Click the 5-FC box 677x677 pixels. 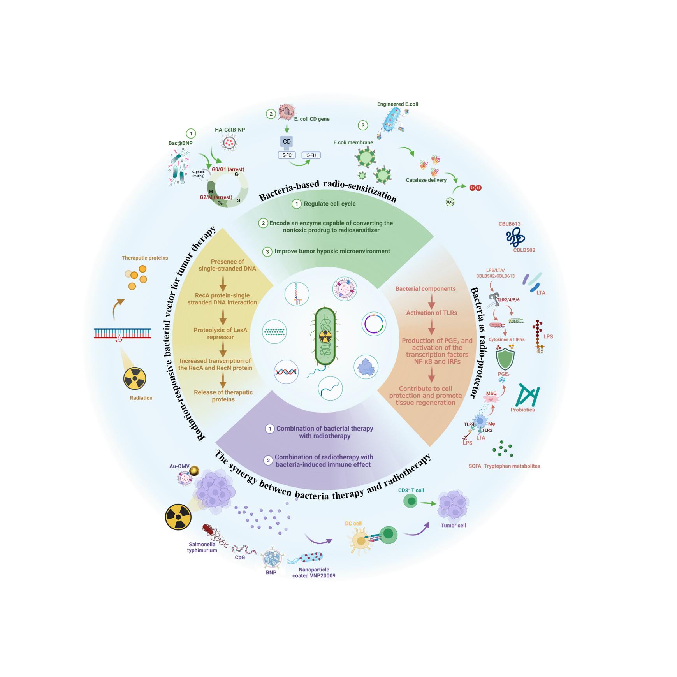[287, 155]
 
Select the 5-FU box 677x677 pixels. [311, 155]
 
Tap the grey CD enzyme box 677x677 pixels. [287, 142]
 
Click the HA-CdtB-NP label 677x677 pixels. [230, 130]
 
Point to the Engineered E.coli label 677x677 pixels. [397, 104]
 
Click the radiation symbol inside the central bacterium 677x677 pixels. [325, 337]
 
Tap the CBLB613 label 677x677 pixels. [510, 224]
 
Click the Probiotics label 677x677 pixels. [522, 410]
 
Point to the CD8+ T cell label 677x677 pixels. [411, 490]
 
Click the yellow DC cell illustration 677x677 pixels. [361, 541]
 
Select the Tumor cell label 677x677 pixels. [453, 525]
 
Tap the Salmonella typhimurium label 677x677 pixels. [202, 547]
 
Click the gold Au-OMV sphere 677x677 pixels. [194, 471]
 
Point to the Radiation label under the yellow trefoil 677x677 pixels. [141, 398]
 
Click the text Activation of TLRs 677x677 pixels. [431, 313]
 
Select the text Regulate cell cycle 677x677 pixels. [329, 204]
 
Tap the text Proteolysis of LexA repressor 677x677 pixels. [220, 333]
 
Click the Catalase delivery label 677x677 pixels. [426, 180]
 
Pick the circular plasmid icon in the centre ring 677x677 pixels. [374, 324]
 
